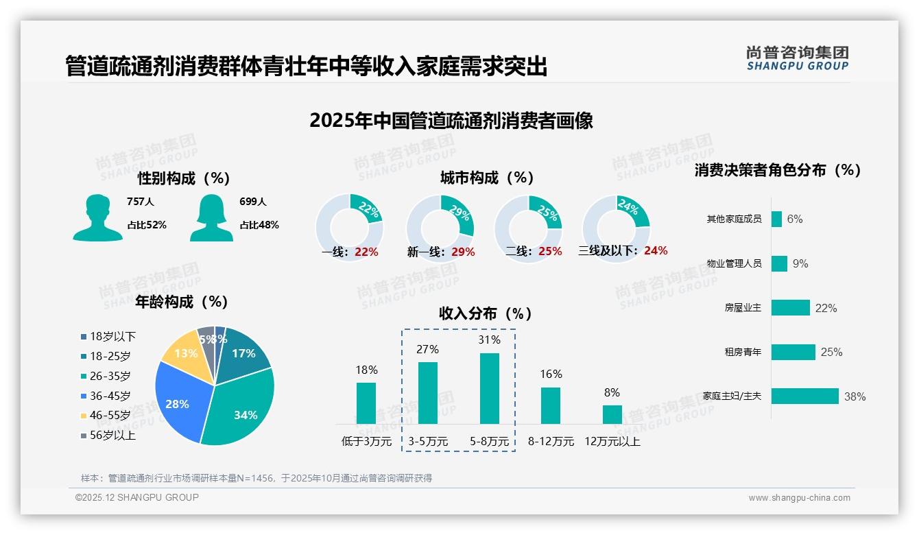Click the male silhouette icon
(x=97, y=218)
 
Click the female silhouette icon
(x=211, y=218)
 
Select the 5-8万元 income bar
(x=490, y=388)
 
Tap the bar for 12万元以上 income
(x=612, y=414)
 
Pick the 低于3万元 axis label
(x=366, y=442)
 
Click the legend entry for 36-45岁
(x=110, y=396)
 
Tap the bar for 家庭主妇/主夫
(x=804, y=396)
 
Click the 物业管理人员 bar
(x=779, y=263)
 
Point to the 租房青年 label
(x=743, y=352)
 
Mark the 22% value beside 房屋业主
(x=826, y=308)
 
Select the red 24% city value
(x=656, y=250)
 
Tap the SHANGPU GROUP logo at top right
(x=797, y=58)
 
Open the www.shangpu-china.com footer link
(x=799, y=498)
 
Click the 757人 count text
(x=141, y=202)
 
